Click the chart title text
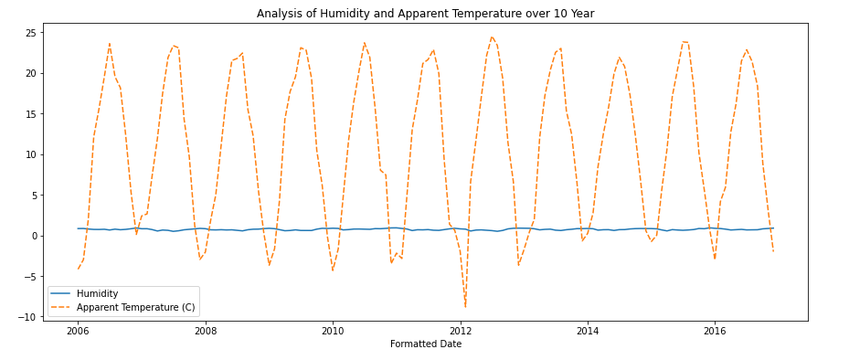(x=425, y=14)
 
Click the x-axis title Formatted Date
(x=425, y=344)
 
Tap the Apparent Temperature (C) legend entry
(x=135, y=307)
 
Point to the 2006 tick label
(x=78, y=331)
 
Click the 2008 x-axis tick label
(x=205, y=331)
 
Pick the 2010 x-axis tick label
(x=333, y=331)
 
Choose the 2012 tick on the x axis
(x=460, y=331)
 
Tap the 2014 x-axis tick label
(x=588, y=331)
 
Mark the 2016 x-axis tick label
(x=715, y=331)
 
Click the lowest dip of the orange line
(x=465, y=306)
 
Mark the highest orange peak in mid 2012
(x=492, y=37)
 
